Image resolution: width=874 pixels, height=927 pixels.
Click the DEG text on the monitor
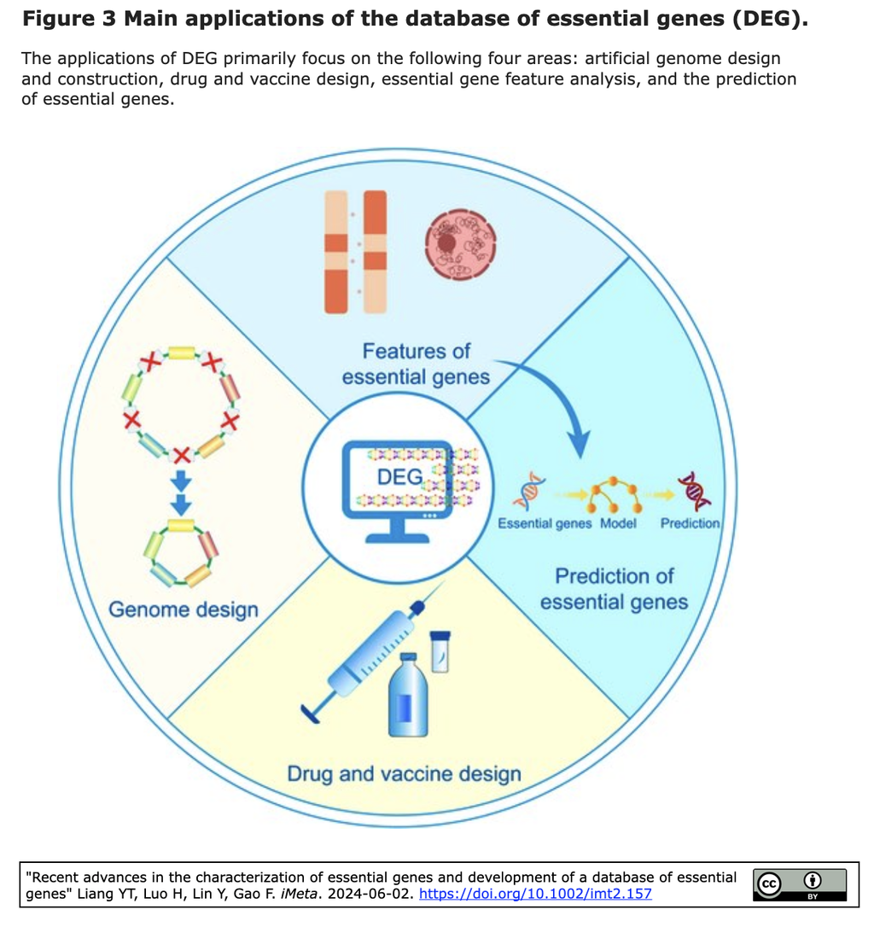tap(399, 476)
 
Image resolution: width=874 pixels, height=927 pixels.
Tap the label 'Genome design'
tap(183, 609)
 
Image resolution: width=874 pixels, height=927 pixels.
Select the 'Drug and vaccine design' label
tap(404, 774)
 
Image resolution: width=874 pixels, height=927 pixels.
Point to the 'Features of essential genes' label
tap(416, 364)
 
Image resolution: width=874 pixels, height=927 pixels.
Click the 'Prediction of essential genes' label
tap(614, 589)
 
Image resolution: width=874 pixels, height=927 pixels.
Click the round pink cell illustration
tap(460, 246)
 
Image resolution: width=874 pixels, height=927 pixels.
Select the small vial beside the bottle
tap(440, 650)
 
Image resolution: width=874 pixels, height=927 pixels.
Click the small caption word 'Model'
tap(618, 523)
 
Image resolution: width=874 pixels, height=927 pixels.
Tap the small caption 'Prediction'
tap(690, 523)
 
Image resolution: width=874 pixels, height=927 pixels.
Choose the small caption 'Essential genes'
tap(545, 523)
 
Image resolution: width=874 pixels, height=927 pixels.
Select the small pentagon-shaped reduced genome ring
tap(179, 552)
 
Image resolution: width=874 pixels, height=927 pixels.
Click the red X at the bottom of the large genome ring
tap(181, 452)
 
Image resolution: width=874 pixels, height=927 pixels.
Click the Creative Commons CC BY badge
tap(799, 884)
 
